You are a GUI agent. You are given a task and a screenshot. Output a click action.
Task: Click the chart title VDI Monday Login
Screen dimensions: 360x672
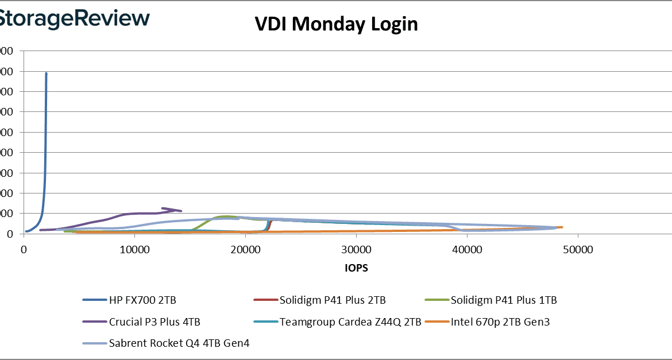coord(336,25)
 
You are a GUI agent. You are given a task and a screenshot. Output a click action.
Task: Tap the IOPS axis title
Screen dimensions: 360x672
coord(357,268)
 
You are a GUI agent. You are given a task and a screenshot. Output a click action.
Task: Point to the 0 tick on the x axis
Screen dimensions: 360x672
coord(24,250)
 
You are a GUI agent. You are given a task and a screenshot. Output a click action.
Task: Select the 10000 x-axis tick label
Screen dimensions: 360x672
coord(134,250)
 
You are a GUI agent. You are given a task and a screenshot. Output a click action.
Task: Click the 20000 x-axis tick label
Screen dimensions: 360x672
coord(245,250)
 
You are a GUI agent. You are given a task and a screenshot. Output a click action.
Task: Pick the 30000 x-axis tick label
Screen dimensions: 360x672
coord(356,250)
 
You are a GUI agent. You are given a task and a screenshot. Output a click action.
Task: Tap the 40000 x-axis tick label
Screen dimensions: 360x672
coord(467,250)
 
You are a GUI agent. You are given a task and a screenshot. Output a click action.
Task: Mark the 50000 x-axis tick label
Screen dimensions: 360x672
coord(577,250)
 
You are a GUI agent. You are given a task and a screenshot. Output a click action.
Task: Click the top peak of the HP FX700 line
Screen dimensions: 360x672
coord(46,73)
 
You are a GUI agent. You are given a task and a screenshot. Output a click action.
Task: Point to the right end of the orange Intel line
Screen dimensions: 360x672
coord(561,227)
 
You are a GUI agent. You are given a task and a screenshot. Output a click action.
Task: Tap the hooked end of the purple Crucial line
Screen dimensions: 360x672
coord(163,208)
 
